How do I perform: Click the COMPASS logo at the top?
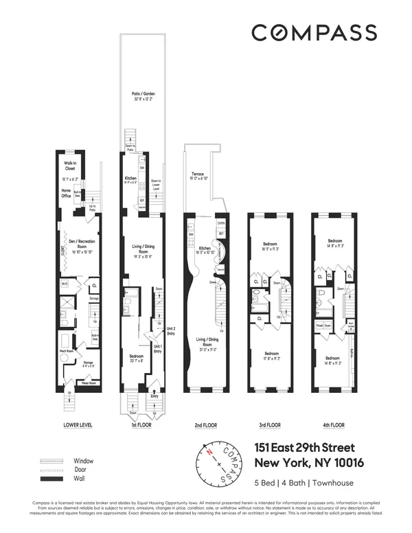point(313,32)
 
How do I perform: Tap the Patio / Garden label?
point(142,95)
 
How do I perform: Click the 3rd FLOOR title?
point(268,425)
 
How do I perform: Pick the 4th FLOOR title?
point(332,425)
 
